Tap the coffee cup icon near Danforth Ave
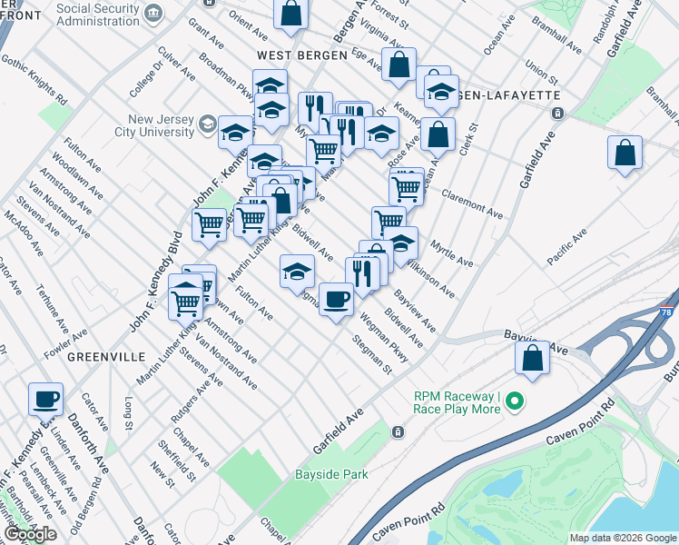[x=45, y=398]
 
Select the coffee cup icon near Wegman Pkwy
[x=337, y=298]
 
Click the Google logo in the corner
[x=29, y=533]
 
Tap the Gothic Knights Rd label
[x=34, y=78]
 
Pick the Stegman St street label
[x=372, y=355]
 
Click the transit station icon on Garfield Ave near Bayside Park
[x=398, y=433]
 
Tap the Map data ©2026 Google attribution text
[x=623, y=538]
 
